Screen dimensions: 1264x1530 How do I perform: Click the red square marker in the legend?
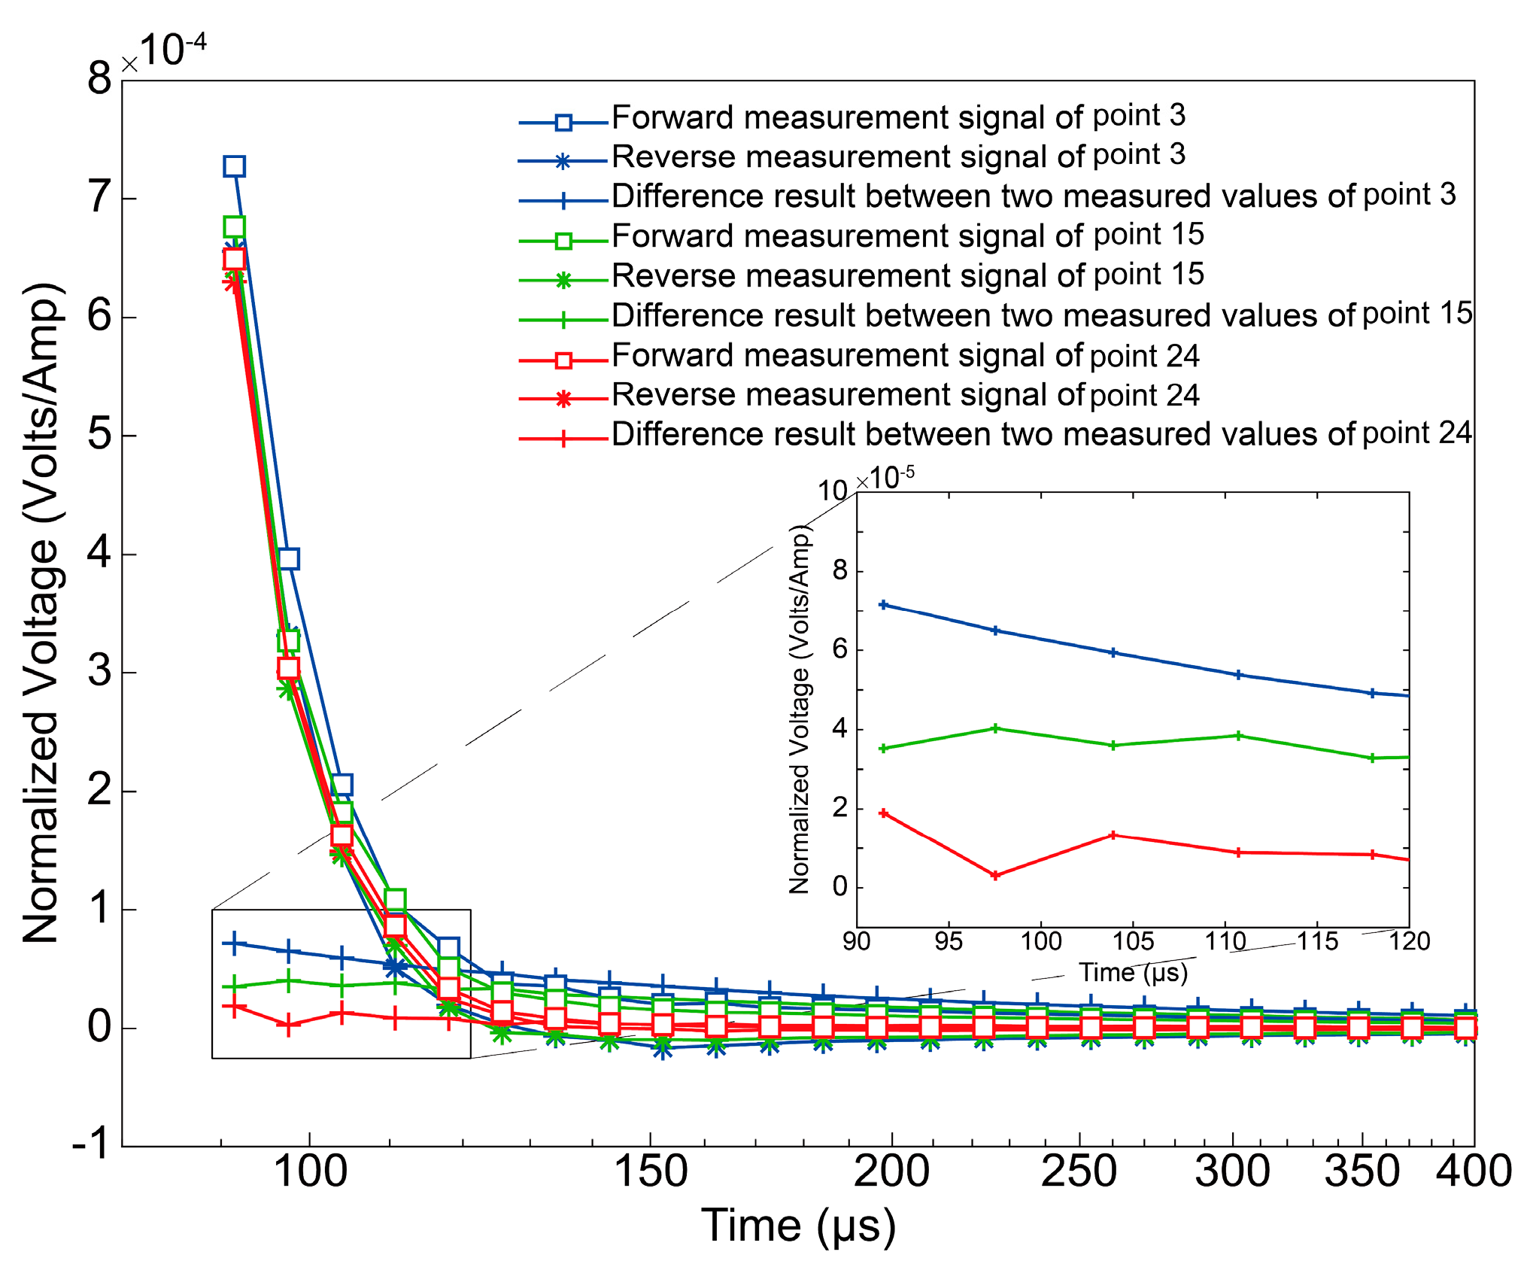click(563, 360)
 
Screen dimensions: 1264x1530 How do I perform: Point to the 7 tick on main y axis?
click(99, 198)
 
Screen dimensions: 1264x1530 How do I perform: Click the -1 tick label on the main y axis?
click(91, 1145)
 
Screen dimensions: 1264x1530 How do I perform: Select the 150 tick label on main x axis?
click(651, 1171)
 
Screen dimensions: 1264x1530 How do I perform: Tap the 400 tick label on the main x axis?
click(1473, 1171)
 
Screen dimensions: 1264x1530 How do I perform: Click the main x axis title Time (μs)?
click(798, 1226)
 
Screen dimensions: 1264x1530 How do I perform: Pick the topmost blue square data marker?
click(235, 166)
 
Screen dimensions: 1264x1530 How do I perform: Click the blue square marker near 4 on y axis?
click(289, 559)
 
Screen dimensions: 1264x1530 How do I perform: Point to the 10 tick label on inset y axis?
click(832, 491)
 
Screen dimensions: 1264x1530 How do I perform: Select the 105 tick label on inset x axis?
click(1133, 941)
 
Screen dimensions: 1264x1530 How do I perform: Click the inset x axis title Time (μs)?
click(1133, 973)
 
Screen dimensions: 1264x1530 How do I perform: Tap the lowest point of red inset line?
click(995, 876)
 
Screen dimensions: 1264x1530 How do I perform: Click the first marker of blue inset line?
click(884, 605)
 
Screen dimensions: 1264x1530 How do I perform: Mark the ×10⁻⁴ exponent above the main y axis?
click(164, 51)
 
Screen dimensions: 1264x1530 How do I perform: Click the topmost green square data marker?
click(235, 226)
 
